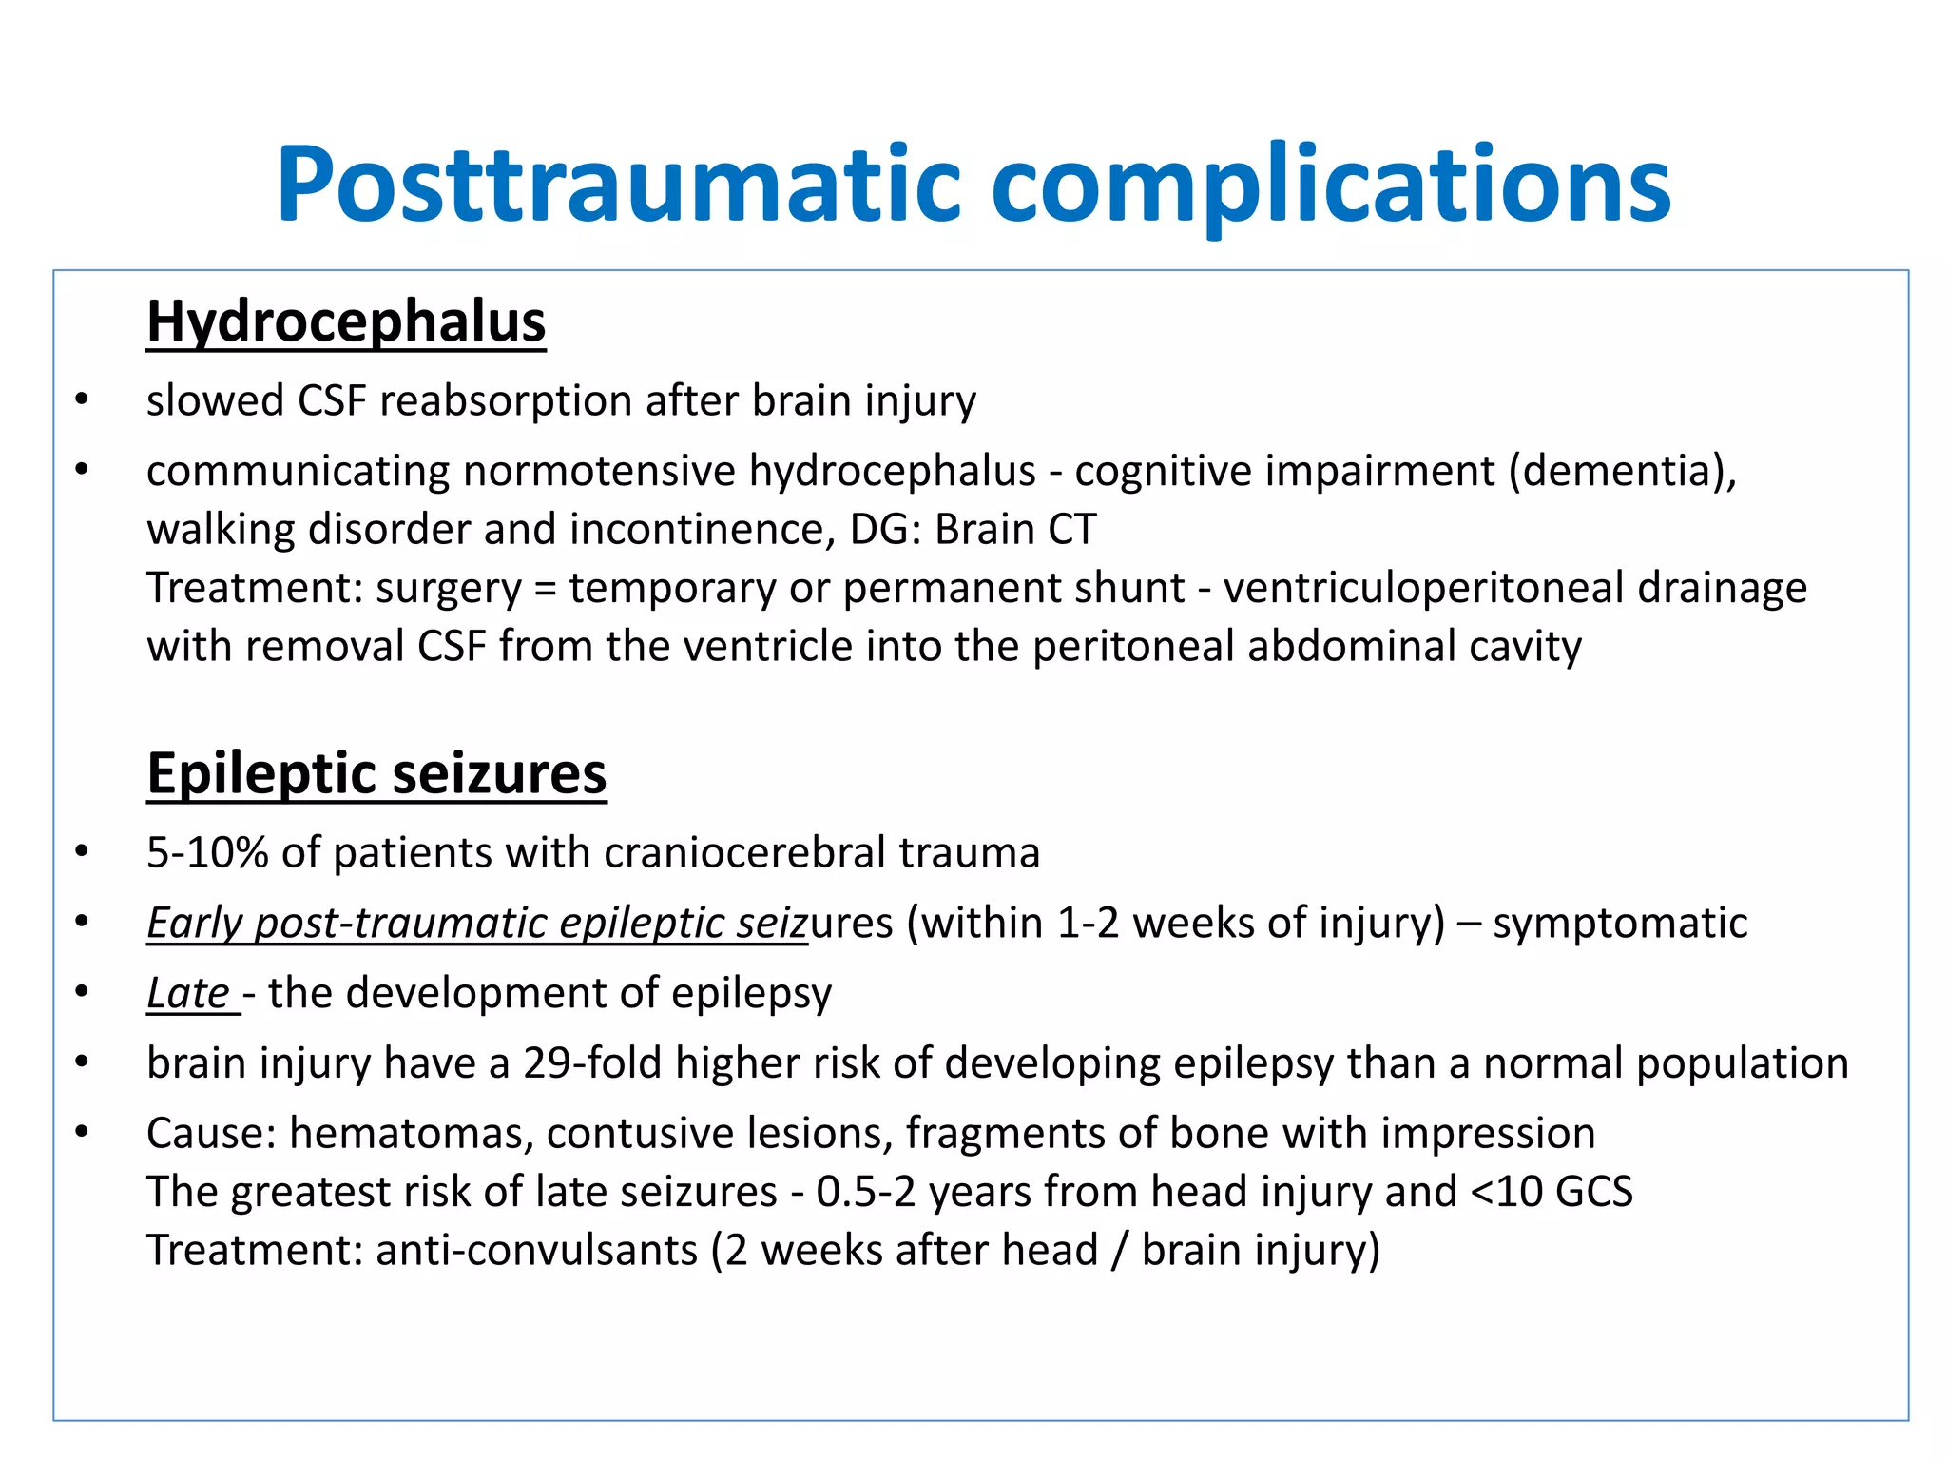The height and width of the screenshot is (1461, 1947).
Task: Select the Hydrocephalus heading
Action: coord(346,321)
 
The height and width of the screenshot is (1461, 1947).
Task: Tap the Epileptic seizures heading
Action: coord(376,773)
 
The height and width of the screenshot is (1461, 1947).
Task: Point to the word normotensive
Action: coord(599,472)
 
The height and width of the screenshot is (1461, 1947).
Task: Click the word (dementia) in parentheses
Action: coord(1622,472)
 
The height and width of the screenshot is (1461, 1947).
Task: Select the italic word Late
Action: coord(187,993)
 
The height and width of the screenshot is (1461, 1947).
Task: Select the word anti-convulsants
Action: coord(537,1250)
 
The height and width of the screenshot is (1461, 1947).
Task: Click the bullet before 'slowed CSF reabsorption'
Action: coord(82,399)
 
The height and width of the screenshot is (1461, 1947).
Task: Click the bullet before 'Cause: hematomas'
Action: coord(82,1132)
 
